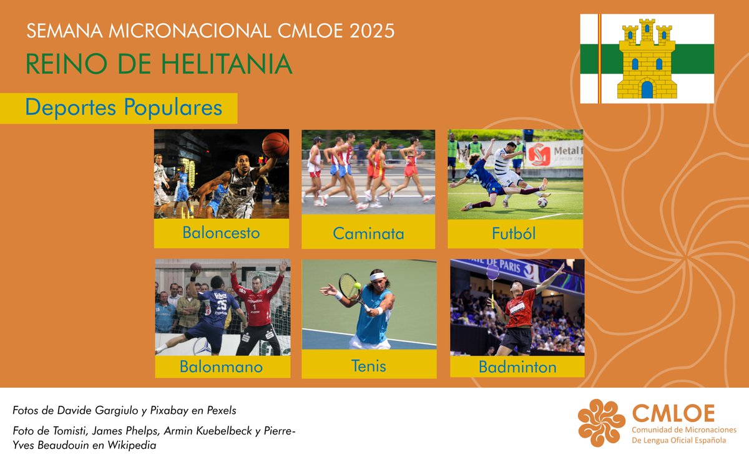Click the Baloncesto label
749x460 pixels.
point(221,233)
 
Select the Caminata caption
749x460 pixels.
point(368,234)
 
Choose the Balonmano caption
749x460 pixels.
point(221,367)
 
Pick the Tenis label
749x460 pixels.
point(368,365)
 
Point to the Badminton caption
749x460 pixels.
point(517,367)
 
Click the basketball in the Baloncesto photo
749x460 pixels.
point(275,144)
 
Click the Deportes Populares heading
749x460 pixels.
point(124,108)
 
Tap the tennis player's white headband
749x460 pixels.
point(377,276)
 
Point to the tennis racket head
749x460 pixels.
point(348,286)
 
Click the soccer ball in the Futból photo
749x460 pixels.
point(542,202)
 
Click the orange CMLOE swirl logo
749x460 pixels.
point(601,423)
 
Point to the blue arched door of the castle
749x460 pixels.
point(647,90)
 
